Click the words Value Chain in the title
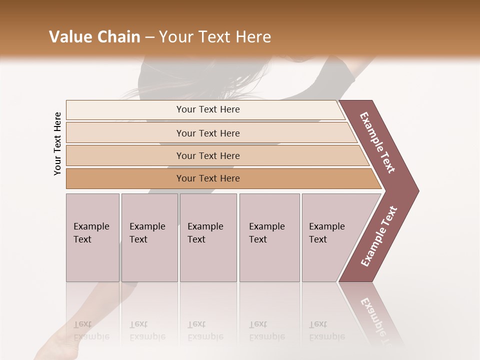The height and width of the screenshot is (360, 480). click(x=94, y=37)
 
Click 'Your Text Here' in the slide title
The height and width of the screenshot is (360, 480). click(x=215, y=37)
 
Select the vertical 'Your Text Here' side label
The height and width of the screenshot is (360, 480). click(x=57, y=144)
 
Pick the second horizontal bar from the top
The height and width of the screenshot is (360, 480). click(x=207, y=133)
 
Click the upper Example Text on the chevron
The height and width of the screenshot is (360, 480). click(x=378, y=143)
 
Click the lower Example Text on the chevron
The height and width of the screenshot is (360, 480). click(x=379, y=236)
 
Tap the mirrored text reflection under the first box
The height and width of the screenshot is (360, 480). click(x=91, y=330)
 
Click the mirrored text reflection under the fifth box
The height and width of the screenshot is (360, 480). click(x=327, y=330)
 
